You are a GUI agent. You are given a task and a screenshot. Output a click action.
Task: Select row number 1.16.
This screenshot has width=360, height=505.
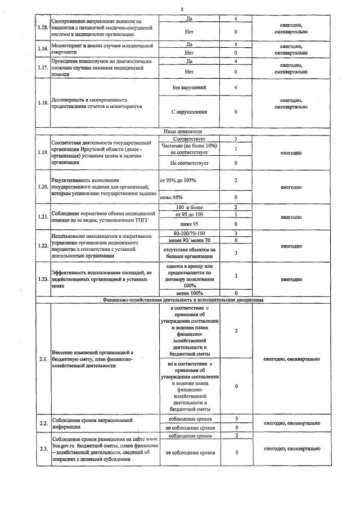[x=43, y=48]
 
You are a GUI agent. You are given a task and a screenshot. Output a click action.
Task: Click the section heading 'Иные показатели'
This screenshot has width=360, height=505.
[x=182, y=131]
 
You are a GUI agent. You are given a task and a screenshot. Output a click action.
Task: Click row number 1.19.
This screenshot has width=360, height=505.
[x=43, y=152]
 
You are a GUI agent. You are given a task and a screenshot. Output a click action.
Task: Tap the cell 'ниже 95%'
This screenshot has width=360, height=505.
[x=172, y=197]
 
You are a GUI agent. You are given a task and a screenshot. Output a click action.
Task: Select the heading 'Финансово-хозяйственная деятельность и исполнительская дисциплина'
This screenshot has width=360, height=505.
[x=183, y=300]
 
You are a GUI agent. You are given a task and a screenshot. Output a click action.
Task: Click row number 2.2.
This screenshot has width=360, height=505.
[x=43, y=423]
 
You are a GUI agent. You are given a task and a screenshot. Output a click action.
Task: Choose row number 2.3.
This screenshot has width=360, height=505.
[x=43, y=448]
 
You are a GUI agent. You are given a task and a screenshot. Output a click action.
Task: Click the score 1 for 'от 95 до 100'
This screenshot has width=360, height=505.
[x=236, y=215]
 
